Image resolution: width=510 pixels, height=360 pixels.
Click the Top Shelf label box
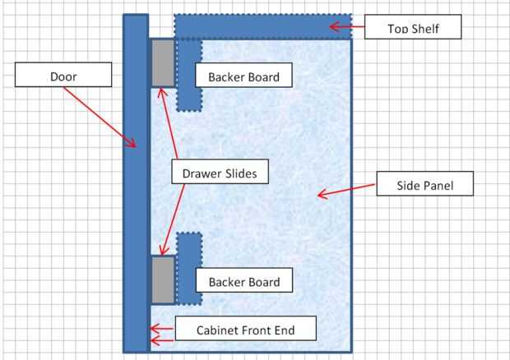tap(413, 29)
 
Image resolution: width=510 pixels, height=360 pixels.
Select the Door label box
tap(63, 76)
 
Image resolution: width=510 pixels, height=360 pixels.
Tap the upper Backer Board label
tap(243, 77)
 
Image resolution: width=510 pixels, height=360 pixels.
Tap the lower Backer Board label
tap(243, 282)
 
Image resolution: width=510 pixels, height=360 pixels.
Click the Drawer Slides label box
tap(220, 173)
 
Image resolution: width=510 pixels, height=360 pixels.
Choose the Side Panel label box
tap(425, 185)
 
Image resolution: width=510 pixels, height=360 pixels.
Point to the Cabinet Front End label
tap(244, 331)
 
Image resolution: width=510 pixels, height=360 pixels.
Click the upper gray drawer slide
tap(161, 62)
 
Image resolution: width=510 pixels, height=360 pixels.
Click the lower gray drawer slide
tap(162, 279)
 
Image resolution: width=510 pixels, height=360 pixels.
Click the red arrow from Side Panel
tap(345, 189)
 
